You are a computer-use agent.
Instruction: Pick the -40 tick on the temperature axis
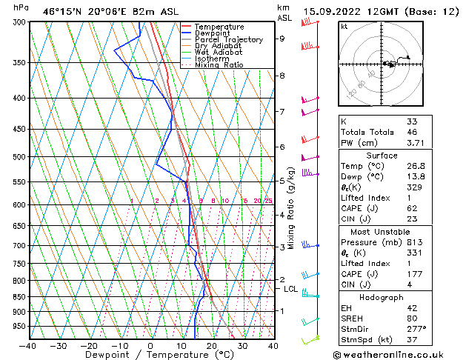click(x=29, y=345)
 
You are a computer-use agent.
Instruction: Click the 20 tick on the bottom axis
click(x=211, y=345)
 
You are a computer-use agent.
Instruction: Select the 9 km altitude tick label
click(x=282, y=39)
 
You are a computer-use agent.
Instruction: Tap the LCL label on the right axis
click(x=291, y=290)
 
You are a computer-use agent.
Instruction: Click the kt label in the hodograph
click(x=344, y=27)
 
